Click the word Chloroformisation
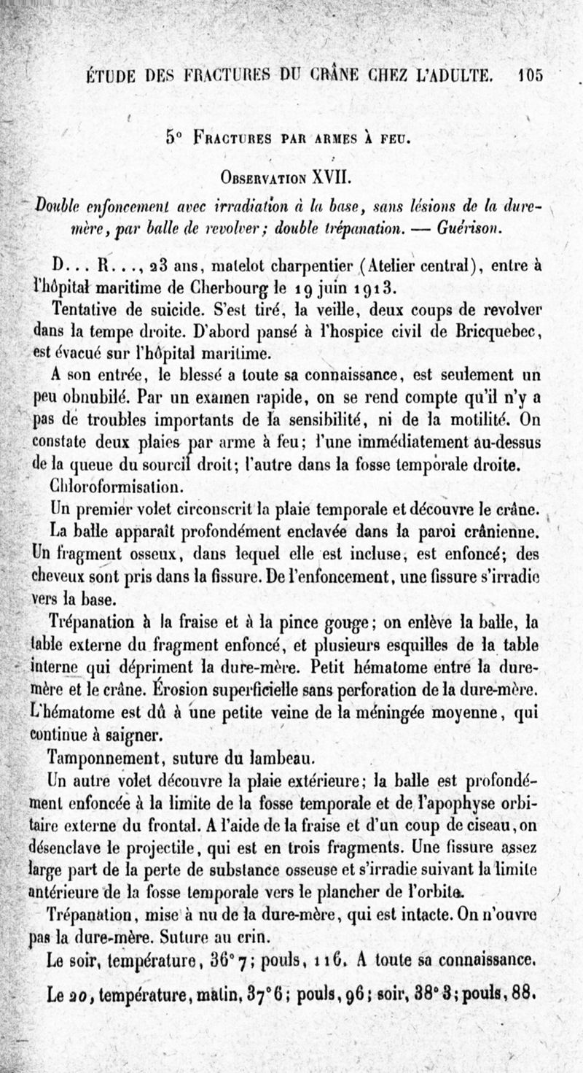[x=107, y=484]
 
